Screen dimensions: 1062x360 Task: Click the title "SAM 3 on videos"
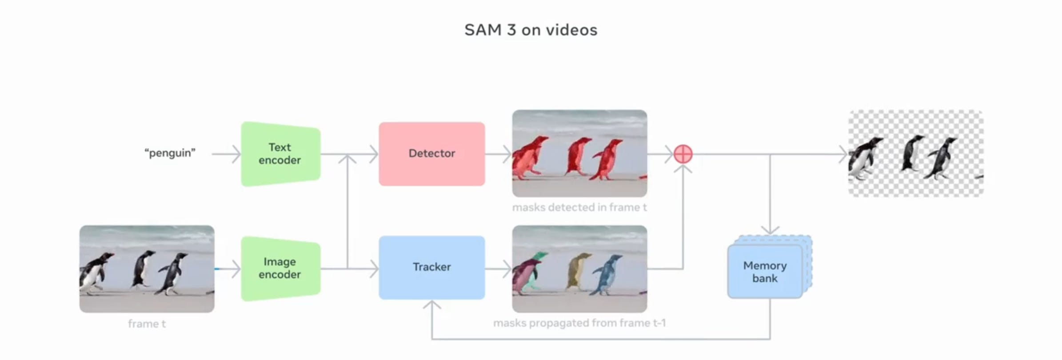531,30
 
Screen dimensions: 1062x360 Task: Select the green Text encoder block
280,154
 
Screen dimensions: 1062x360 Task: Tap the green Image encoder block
280,268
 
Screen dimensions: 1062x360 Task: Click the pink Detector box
431,154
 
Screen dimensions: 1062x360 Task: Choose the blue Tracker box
431,267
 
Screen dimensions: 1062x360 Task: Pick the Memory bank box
765,272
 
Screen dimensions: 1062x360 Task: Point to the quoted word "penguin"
170,153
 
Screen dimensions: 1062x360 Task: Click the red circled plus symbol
683,154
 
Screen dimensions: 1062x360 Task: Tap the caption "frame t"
147,324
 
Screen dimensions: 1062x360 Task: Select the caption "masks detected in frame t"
579,207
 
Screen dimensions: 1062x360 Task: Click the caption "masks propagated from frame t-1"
579,323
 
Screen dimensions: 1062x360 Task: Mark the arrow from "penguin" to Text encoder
226,154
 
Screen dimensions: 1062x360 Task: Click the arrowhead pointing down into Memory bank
770,230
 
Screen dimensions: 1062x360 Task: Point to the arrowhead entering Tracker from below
431,304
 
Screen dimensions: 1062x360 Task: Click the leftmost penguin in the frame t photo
94,273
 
